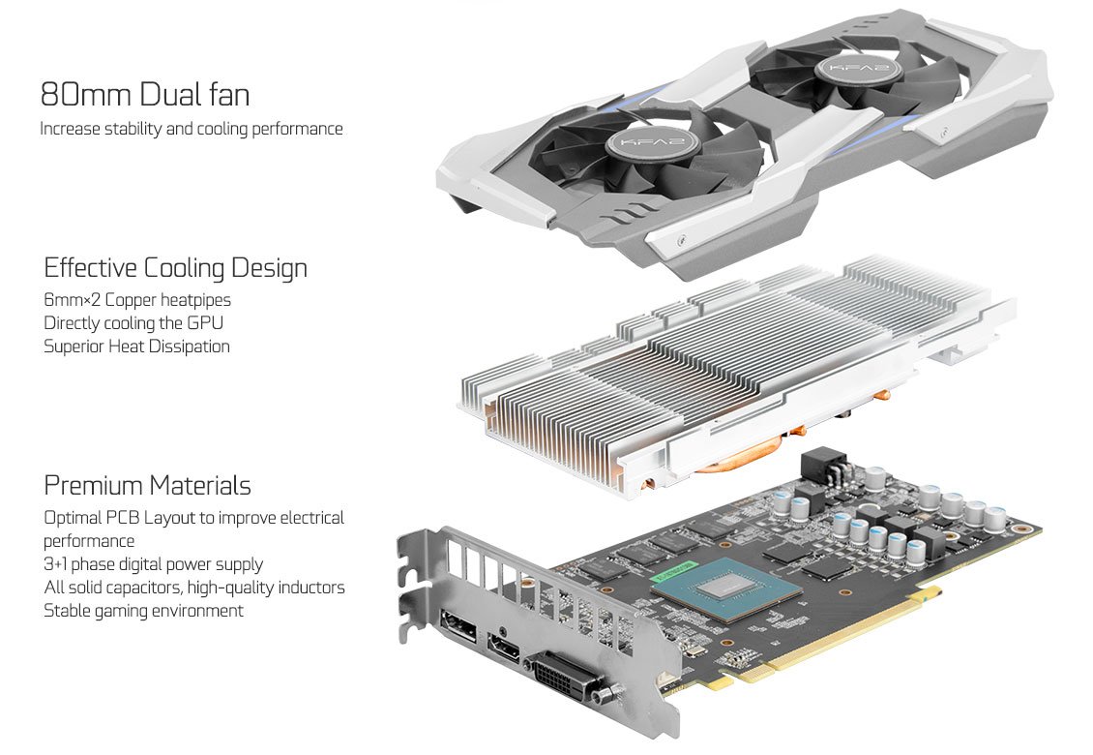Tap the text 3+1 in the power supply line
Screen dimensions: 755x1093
57,564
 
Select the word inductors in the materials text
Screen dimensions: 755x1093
310,588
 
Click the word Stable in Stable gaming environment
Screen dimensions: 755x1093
68,611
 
